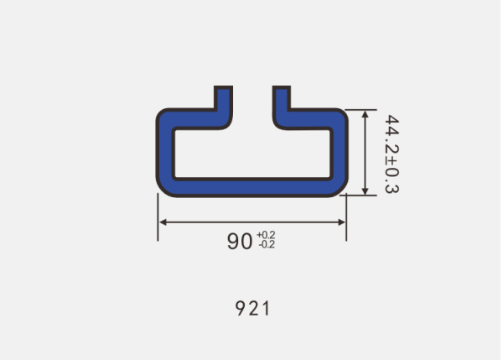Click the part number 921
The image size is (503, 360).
tap(252, 308)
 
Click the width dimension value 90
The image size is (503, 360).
tap(239, 241)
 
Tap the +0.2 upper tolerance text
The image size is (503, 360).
tap(266, 235)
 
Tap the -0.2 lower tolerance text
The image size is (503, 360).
tap(267, 245)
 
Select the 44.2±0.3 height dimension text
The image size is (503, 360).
tap(392, 154)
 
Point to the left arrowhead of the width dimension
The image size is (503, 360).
tap(163, 222)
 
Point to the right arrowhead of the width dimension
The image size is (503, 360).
tap(342, 222)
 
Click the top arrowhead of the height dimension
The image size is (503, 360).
tap(365, 113)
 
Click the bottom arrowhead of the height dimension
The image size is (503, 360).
tap(365, 190)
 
